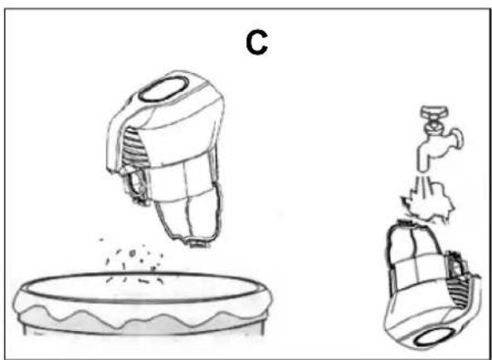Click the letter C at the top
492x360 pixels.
[256, 44]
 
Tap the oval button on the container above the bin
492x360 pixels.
[163, 89]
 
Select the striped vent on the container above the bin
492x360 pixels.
[134, 148]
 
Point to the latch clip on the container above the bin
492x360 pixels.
[137, 188]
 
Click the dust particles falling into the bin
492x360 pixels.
[134, 262]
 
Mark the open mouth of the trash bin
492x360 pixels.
[140, 288]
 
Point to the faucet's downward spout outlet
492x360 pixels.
[422, 167]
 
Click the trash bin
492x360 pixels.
[143, 304]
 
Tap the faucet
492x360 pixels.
[438, 138]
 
